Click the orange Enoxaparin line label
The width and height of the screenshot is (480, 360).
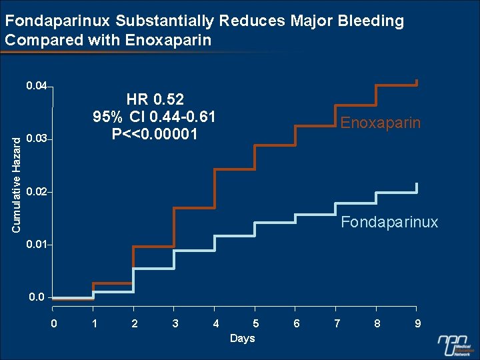click(380, 123)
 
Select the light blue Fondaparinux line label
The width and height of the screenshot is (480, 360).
click(389, 222)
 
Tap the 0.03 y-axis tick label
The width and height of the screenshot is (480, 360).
click(37, 139)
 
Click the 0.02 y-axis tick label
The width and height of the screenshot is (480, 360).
click(37, 192)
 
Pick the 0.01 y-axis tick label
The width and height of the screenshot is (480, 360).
click(37, 245)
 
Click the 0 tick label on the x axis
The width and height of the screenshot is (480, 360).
click(54, 323)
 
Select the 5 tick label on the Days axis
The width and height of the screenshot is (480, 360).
click(256, 323)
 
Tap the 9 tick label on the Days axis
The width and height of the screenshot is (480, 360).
click(417, 323)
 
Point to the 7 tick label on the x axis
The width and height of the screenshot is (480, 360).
click(337, 323)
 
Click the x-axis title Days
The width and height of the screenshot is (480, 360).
click(243, 339)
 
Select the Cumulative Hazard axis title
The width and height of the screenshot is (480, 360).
click(16, 185)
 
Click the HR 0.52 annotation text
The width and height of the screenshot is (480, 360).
click(155, 99)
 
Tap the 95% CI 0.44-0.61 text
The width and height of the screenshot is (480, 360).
click(154, 117)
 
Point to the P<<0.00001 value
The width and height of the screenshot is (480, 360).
click(155, 134)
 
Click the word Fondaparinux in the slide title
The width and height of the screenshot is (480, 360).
click(58, 21)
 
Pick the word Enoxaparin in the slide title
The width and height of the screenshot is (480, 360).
click(168, 41)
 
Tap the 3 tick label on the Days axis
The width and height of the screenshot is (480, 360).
click(175, 323)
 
